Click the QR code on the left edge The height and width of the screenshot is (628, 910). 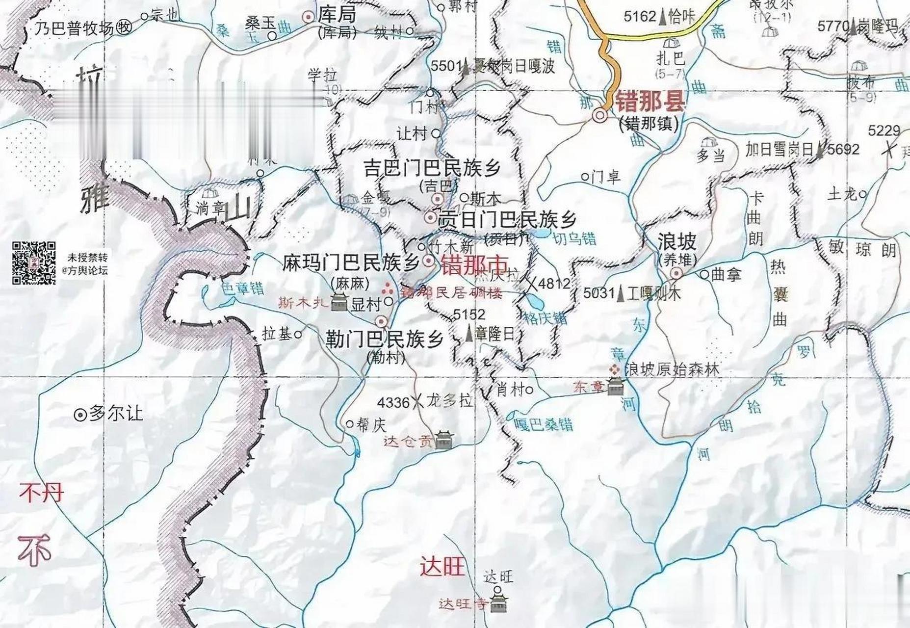point(33,263)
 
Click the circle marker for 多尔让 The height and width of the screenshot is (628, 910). point(79,415)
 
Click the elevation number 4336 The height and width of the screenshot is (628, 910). point(393,403)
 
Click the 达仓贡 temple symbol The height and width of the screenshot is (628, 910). point(444,441)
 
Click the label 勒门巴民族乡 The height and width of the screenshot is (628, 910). point(385,339)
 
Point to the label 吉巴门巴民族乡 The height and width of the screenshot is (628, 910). point(432,168)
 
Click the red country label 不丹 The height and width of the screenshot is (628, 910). point(41,492)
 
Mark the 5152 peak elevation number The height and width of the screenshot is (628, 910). point(469,314)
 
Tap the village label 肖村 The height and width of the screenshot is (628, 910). point(510,390)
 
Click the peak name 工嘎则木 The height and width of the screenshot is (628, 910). point(654,293)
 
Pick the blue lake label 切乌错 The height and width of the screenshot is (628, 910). point(574,239)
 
